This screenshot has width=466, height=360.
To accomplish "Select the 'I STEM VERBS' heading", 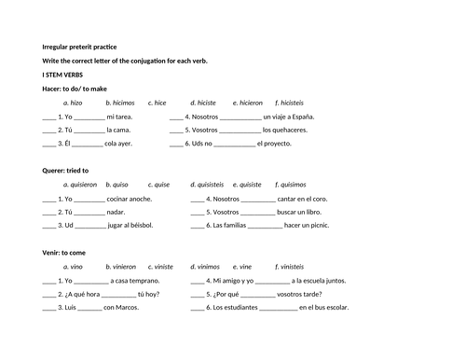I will [63, 74].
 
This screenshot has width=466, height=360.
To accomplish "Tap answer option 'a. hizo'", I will [73, 103].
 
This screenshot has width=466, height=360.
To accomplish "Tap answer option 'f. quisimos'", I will [295, 185].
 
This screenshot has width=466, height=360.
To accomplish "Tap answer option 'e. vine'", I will [242, 267].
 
